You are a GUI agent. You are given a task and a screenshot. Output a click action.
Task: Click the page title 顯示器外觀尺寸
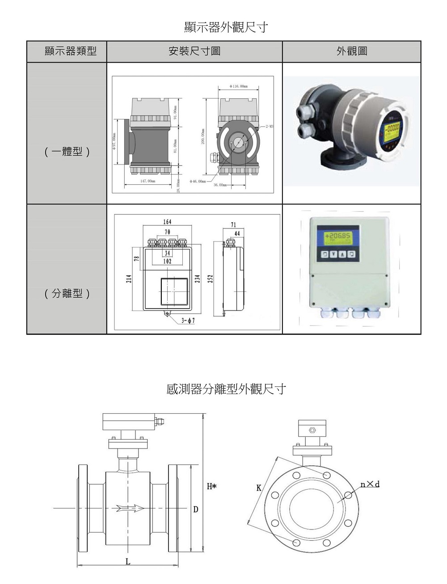coord(226,27)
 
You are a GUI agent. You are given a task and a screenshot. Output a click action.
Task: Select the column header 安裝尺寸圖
coord(194,51)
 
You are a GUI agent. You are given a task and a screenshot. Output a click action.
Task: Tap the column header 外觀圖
coord(352,51)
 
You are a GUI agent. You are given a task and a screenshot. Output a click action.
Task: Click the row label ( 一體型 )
coord(67,152)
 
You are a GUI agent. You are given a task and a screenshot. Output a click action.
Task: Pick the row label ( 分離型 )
coord(67,293)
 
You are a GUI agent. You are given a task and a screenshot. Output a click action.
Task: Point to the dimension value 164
coord(167,222)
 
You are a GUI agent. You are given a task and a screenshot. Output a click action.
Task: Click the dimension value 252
coord(210,279)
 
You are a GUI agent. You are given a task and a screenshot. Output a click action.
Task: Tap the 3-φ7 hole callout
coord(188,320)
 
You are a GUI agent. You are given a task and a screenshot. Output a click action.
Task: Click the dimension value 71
coord(234,225)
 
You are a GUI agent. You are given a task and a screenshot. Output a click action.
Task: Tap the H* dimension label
coord(211,486)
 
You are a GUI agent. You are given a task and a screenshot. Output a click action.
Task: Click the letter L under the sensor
coord(128,561)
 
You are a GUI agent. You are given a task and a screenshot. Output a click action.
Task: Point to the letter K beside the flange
coord(259,488)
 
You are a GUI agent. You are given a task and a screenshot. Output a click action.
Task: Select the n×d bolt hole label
coord(370,484)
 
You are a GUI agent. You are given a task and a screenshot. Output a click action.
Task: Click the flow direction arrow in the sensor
coord(130,508)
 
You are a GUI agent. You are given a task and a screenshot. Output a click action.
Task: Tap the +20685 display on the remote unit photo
coord(338,237)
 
